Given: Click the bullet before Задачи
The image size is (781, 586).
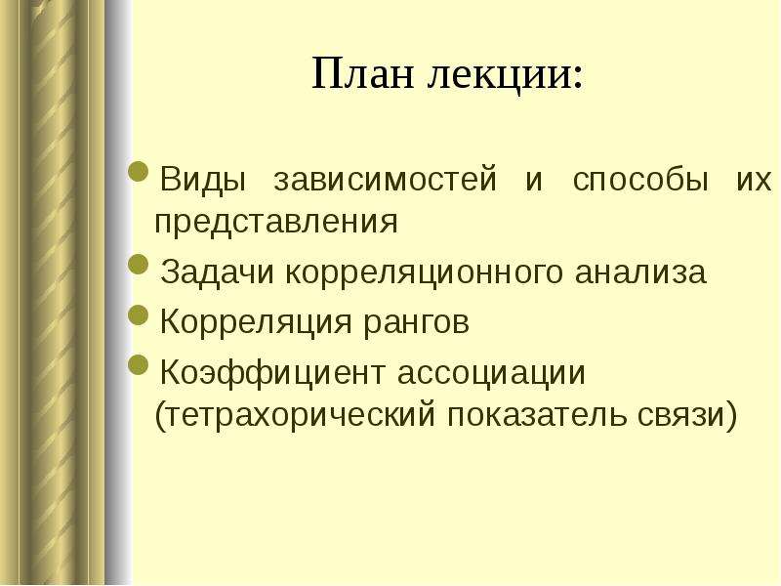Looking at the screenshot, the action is [x=139, y=264].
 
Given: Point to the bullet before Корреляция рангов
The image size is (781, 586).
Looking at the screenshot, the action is [x=139, y=314].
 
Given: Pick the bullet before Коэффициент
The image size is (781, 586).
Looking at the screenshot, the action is [x=139, y=364].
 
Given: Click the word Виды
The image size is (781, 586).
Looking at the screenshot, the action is [x=203, y=180].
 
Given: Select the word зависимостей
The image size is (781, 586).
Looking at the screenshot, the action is [x=386, y=180].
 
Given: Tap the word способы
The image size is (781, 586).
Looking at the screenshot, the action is [x=640, y=179].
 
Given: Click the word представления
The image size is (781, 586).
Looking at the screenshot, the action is [x=276, y=223].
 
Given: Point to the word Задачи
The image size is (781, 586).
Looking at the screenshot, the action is [x=217, y=272].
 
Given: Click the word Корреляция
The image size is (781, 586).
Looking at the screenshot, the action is [x=256, y=322].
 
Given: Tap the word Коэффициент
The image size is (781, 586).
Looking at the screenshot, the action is [x=272, y=373].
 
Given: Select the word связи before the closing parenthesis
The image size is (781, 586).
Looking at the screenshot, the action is [x=679, y=416].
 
